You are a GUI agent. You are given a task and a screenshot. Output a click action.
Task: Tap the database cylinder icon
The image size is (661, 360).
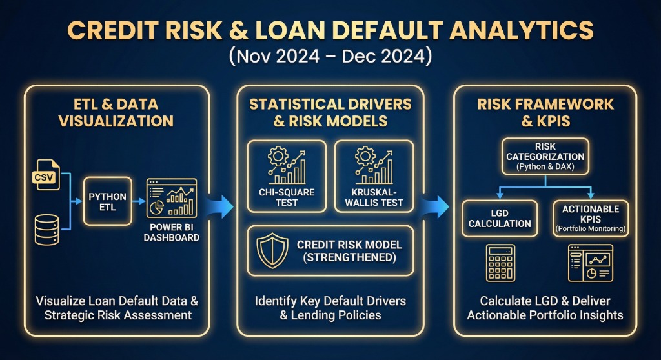tap(46, 226)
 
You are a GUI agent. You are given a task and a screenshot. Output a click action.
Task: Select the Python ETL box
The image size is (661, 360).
tap(107, 201)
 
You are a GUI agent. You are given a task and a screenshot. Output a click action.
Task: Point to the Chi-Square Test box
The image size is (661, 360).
tap(286, 175)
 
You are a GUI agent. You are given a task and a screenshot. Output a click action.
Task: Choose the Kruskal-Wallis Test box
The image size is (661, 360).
tap(374, 175)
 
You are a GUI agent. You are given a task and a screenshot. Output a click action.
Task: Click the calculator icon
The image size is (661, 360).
tap(500, 263)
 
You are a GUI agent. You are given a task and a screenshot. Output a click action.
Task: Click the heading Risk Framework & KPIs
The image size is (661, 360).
tap(545, 112)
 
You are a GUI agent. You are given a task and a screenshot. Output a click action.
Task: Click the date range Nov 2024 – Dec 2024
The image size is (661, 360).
tap(330, 55)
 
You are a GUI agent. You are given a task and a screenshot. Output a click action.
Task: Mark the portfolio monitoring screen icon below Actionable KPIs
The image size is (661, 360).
tap(590, 263)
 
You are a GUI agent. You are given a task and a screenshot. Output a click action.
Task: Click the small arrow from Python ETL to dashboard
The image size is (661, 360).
tap(138, 201)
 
